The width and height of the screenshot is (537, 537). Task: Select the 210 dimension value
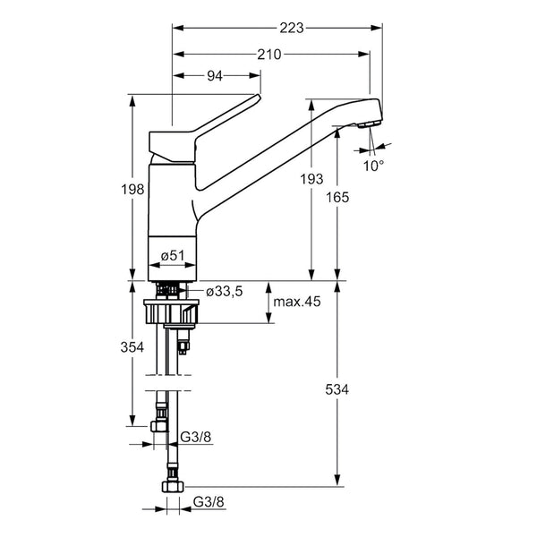click(269, 54)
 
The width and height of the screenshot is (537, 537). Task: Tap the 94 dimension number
click(215, 76)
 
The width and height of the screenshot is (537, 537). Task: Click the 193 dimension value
click(311, 180)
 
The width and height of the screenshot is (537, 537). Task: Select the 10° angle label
click(373, 165)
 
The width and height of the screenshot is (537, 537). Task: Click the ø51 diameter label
click(172, 256)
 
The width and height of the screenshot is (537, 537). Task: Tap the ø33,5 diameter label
click(224, 291)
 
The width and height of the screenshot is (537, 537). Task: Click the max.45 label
click(297, 302)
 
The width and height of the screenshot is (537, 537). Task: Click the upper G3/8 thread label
click(195, 438)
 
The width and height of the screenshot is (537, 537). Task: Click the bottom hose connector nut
click(169, 488)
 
